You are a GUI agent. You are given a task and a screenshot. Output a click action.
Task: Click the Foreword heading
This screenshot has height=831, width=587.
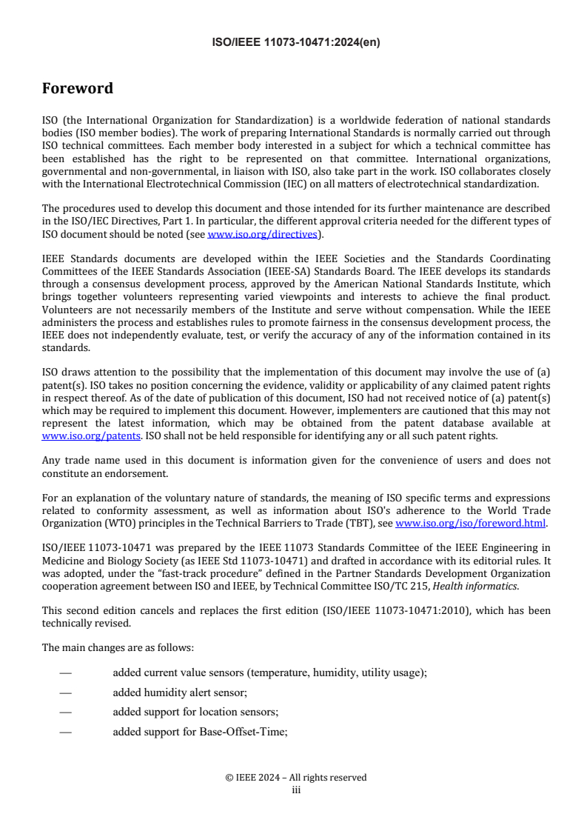click(x=78, y=89)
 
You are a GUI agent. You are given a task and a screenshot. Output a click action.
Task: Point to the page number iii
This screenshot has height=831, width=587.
click(x=295, y=790)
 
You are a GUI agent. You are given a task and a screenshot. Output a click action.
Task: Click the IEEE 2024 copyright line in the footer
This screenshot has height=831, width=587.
click(x=295, y=778)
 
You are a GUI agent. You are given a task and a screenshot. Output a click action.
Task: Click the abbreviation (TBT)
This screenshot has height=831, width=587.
click(x=360, y=524)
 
